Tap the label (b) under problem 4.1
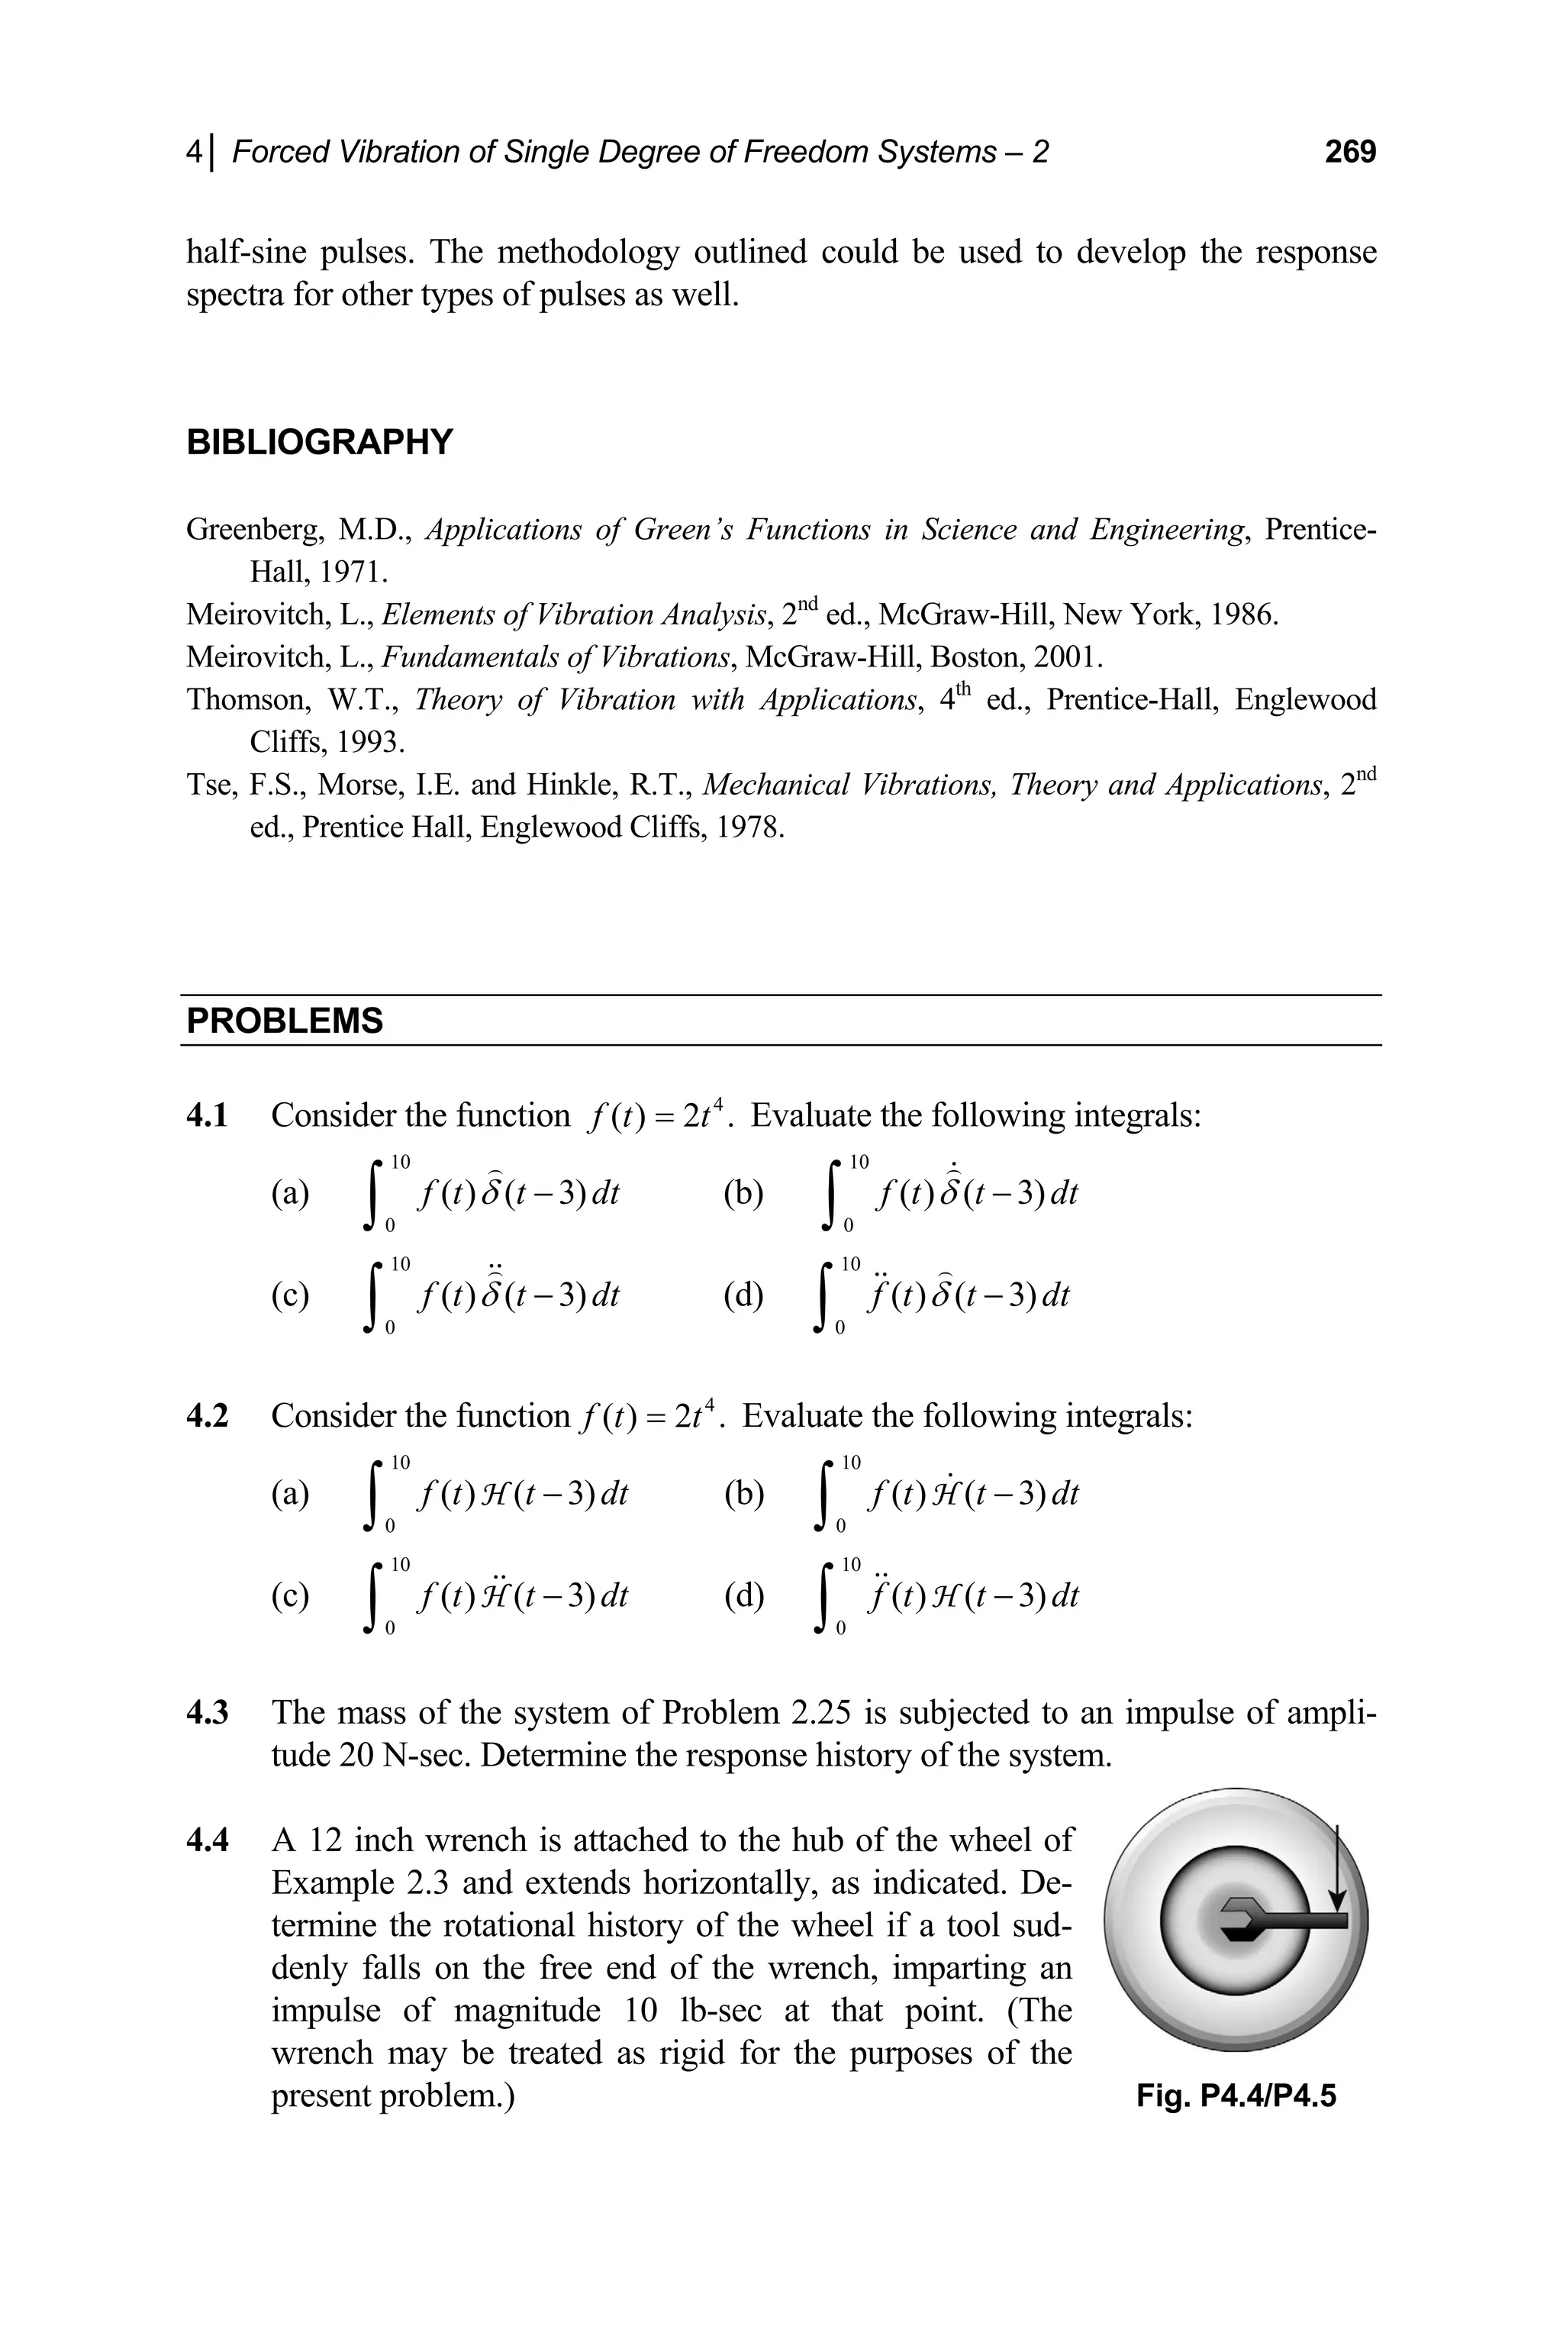pyautogui.click(x=743, y=1193)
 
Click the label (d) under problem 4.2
pyautogui.click(x=743, y=1596)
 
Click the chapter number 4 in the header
pyautogui.click(x=193, y=152)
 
